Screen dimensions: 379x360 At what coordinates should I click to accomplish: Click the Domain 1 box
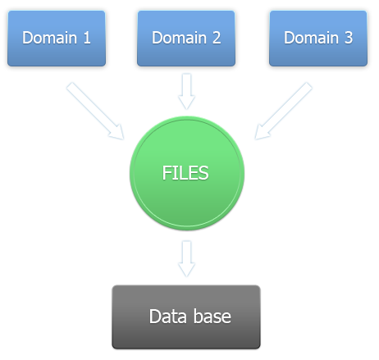pos(57,39)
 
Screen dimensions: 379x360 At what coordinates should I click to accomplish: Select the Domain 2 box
pos(186,39)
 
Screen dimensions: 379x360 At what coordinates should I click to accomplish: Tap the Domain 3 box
pos(318,39)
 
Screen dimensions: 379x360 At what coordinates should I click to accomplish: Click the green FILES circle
pos(187,173)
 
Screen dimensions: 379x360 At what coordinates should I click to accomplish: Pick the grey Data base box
pos(186,317)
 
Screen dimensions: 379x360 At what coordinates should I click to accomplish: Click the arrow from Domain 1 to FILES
pos(95,111)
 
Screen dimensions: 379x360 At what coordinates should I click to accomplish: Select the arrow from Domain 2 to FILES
pos(186,91)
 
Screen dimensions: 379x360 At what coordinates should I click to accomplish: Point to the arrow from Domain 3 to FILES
pos(284,111)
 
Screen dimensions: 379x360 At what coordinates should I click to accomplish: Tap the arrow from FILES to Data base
pos(186,258)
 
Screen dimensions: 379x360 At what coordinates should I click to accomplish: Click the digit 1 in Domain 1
pos(87,38)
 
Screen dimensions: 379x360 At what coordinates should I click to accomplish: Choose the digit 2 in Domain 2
pos(217,38)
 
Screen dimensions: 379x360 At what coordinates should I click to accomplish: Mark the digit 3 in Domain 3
pos(349,38)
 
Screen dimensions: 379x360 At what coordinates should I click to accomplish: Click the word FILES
pos(185,173)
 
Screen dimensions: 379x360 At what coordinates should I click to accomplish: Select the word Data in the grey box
pos(168,317)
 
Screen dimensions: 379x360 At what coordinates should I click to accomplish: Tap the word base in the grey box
pos(212,317)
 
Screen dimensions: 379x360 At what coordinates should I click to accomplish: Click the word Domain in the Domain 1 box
pos(49,38)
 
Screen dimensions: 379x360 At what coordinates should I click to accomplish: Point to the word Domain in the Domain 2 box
pos(179,38)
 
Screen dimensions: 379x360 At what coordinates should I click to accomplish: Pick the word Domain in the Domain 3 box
pos(311,38)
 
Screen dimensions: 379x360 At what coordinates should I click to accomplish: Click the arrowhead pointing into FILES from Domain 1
pos(117,133)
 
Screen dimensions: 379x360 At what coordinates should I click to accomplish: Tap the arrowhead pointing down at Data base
pos(186,270)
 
